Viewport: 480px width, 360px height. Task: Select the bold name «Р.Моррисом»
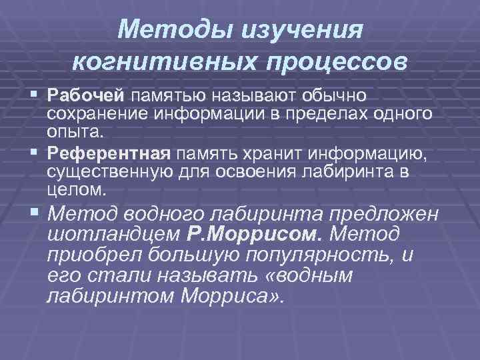[x=255, y=234]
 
